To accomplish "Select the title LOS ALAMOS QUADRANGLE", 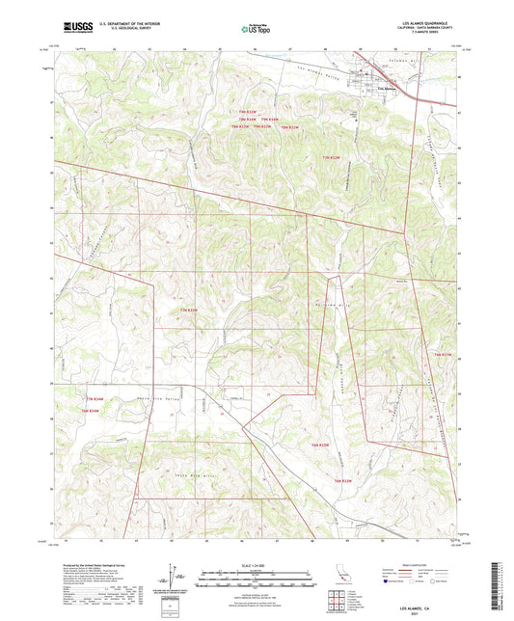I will pyautogui.click(x=424, y=21).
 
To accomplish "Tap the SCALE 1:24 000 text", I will pyautogui.click(x=257, y=565).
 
